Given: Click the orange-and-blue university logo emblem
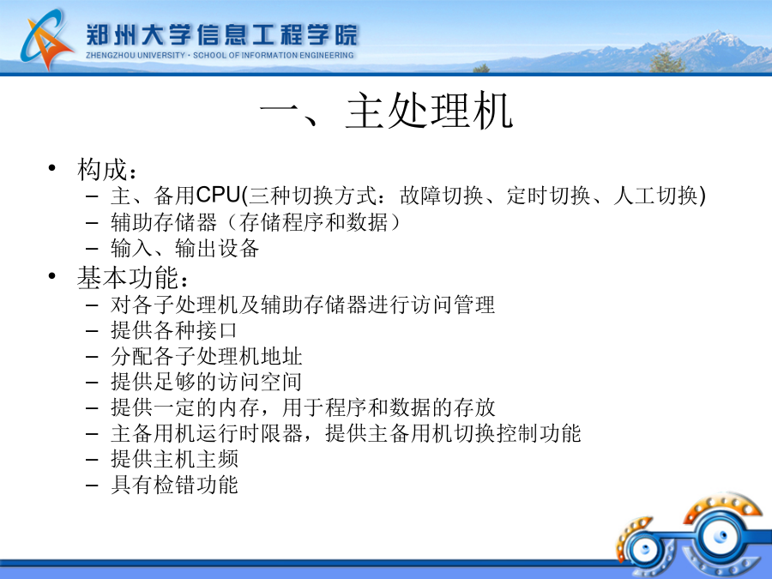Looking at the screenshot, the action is (46, 39).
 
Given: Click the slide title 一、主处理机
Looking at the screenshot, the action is (387, 111).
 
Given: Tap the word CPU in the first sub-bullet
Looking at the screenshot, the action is (218, 195).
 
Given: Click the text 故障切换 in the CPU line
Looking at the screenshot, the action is (442, 196).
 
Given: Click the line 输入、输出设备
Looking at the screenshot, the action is (185, 248).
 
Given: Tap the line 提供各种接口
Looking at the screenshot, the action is (174, 330).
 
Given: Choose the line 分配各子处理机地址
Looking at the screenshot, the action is (206, 356).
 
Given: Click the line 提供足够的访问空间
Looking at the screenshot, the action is (206, 382).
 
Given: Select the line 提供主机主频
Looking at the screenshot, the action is (174, 459).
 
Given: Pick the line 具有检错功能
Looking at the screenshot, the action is (174, 485).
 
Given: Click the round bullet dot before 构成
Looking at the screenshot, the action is (52, 168).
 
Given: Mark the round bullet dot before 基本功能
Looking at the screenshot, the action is (52, 276).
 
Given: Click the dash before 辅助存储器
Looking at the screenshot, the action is (92, 223).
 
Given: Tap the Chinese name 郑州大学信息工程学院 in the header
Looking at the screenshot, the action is (222, 34).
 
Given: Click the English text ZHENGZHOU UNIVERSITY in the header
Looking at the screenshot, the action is (136, 56).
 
